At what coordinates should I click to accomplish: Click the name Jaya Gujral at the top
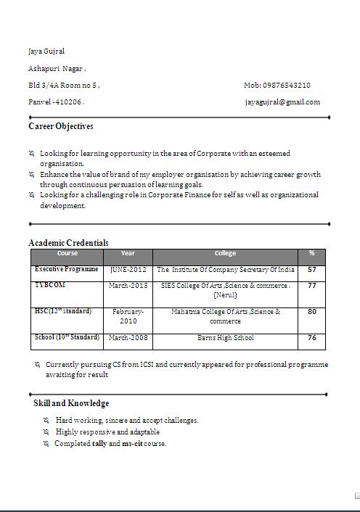(x=46, y=51)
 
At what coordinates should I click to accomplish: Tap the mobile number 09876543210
(x=277, y=85)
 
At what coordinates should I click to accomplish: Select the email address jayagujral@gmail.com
(x=282, y=102)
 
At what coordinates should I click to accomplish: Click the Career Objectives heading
(x=61, y=126)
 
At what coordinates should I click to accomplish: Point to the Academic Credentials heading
(x=68, y=242)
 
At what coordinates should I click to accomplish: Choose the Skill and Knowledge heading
(x=71, y=402)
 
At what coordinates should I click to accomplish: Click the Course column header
(x=67, y=254)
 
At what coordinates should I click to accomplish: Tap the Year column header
(x=128, y=254)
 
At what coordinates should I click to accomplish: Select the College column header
(x=225, y=254)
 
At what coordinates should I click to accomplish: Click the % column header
(x=311, y=254)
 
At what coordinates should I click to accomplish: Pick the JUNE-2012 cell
(x=128, y=270)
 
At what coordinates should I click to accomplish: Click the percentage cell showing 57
(x=311, y=270)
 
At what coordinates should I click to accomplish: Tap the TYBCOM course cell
(x=50, y=285)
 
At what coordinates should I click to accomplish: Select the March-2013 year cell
(x=128, y=286)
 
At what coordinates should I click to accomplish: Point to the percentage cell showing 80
(x=311, y=312)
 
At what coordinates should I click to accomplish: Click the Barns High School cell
(x=225, y=338)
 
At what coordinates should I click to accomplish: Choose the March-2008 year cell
(x=128, y=338)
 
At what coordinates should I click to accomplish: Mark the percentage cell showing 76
(x=311, y=338)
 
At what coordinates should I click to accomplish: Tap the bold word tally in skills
(x=99, y=443)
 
